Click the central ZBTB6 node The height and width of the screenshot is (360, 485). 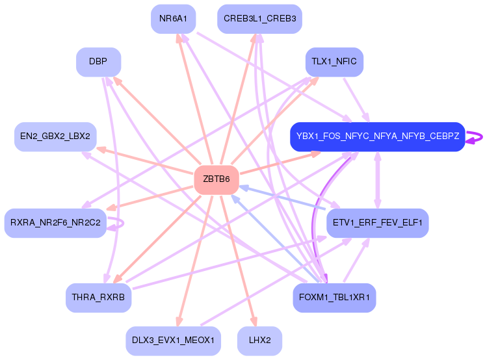(216, 180)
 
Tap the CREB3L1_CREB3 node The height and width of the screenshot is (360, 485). (259, 19)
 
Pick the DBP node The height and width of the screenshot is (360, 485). (98, 62)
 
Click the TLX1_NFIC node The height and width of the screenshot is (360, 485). (334, 62)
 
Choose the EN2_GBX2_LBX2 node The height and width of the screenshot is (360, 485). (55, 136)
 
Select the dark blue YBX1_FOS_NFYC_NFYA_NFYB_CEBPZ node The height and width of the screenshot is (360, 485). (377, 136)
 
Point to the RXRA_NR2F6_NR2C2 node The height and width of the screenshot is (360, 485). (55, 223)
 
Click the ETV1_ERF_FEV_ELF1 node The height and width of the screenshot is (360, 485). (377, 223)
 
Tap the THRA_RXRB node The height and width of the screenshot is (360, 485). (98, 298)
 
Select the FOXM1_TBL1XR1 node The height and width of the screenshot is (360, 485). (334, 298)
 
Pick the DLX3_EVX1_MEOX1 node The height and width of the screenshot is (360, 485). (172, 341)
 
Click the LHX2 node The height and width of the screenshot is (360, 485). (259, 341)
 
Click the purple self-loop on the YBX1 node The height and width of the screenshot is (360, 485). (477, 136)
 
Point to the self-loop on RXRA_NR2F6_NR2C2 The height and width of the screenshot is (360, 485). (118, 223)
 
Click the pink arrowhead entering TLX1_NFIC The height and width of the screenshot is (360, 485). (315, 80)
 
